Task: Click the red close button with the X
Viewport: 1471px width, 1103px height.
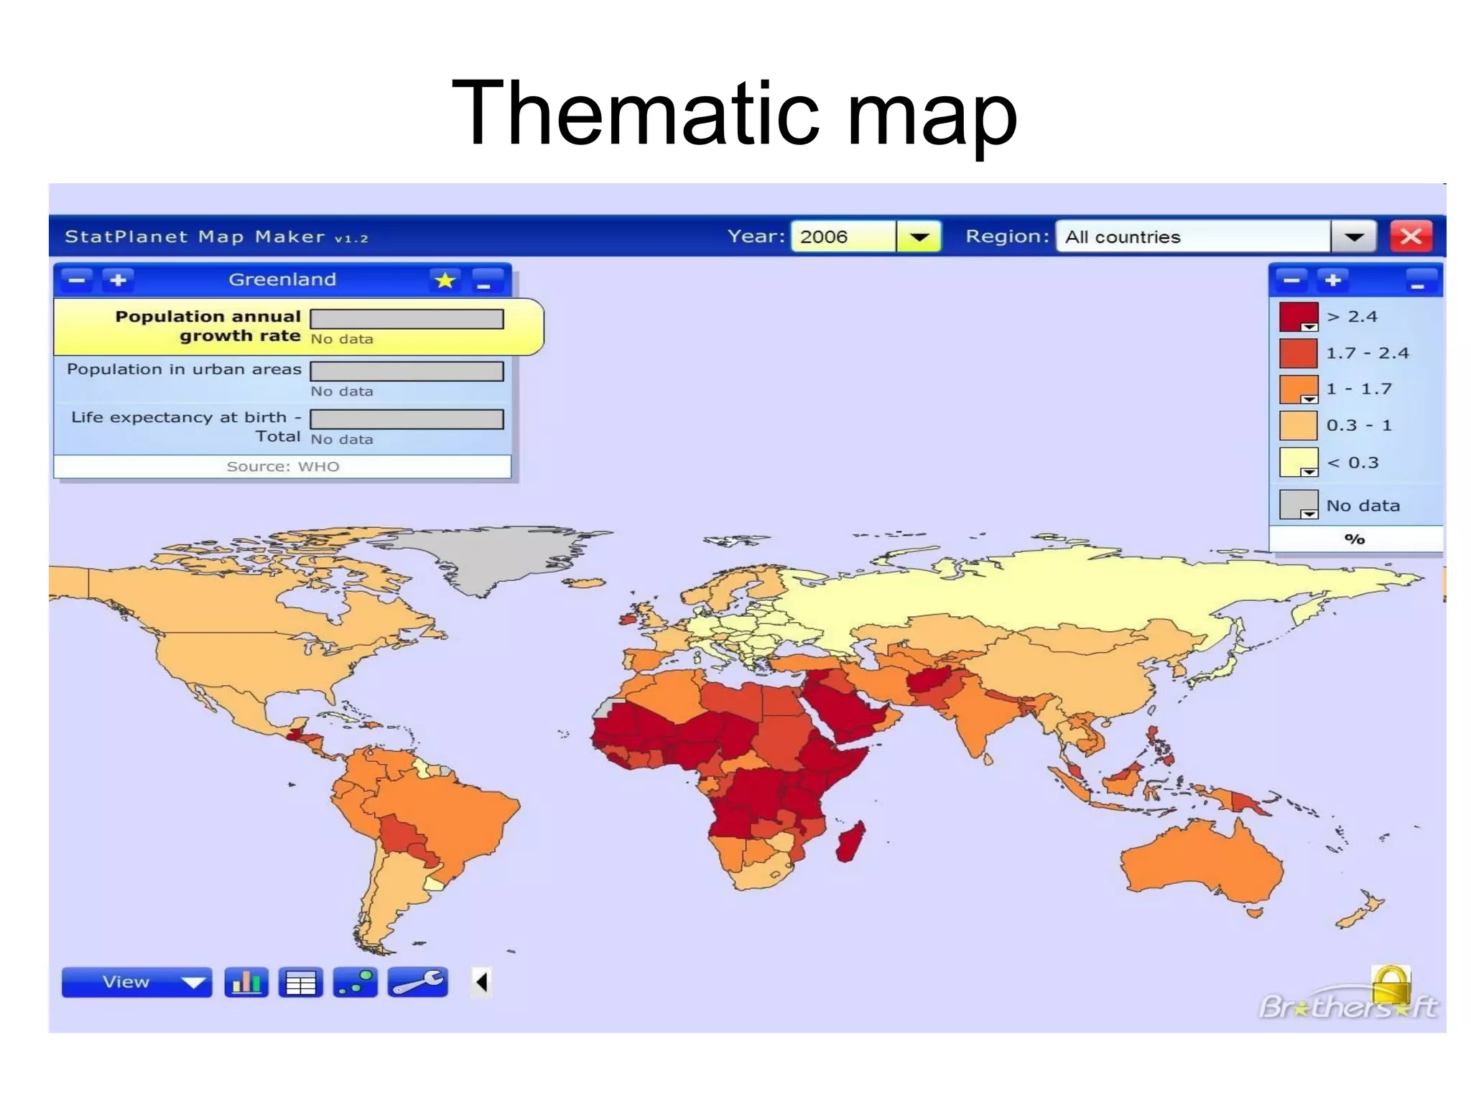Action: (1411, 236)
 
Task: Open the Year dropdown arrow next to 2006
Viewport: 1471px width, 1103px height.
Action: (919, 236)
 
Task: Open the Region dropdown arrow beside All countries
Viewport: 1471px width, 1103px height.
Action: (1353, 236)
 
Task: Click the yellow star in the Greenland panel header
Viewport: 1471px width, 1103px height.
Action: (445, 279)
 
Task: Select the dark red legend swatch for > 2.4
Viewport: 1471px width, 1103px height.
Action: (1298, 317)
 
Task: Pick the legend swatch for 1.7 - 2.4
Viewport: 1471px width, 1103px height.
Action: (1298, 353)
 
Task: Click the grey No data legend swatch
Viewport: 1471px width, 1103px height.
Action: (1298, 505)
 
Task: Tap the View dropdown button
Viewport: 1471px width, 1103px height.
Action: (136, 982)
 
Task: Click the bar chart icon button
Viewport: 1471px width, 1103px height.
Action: (246, 982)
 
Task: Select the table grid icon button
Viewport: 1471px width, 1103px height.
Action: (300, 982)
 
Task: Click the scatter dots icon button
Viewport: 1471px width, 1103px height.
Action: (356, 982)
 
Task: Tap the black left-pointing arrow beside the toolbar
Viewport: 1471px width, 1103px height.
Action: (481, 982)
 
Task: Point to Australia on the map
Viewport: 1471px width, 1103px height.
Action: (1199, 862)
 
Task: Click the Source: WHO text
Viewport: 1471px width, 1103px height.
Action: (282, 467)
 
